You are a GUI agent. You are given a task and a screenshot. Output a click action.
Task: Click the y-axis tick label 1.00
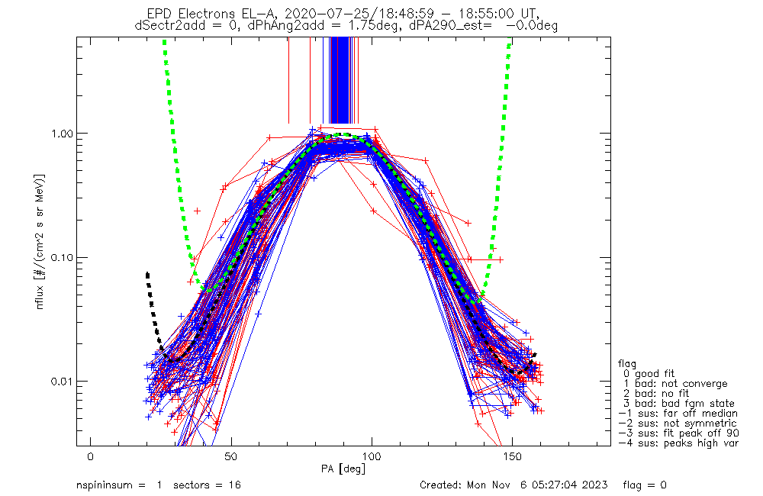[x=66, y=133]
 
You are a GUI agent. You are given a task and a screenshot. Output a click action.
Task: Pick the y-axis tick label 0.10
[x=66, y=257]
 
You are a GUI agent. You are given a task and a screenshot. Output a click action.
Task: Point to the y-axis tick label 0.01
[x=66, y=381]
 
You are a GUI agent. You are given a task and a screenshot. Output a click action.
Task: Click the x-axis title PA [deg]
[x=343, y=468]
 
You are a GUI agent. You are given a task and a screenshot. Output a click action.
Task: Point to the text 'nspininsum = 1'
[x=119, y=485]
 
